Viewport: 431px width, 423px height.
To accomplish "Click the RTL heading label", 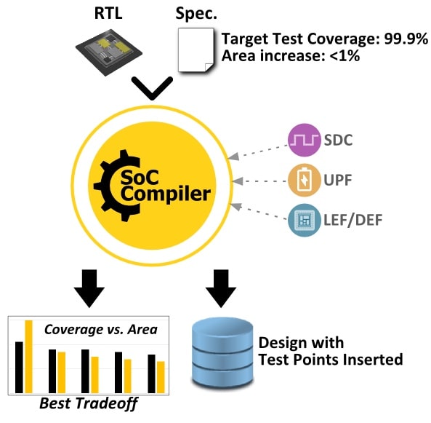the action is pos(108,13).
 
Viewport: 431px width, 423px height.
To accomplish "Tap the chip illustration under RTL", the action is pos(108,52).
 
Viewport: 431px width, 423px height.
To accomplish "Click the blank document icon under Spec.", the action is pos(196,50).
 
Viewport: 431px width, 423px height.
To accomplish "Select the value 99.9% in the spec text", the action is pos(406,39).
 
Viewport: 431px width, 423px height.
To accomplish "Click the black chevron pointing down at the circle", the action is pos(152,88).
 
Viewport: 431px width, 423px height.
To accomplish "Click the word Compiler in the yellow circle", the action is pos(166,194).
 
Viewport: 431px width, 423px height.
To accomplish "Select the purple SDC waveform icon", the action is pos(305,140).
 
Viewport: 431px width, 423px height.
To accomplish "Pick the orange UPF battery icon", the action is pos(305,180).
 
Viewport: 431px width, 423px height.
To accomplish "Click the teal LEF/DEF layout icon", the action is pos(305,220).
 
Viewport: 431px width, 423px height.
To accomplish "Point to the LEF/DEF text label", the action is pos(353,220).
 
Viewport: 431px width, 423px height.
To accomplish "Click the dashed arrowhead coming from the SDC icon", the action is pos(233,157).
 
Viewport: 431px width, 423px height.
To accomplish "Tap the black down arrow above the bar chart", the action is pos(89,288).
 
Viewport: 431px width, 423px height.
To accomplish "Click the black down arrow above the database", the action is pos(221,288).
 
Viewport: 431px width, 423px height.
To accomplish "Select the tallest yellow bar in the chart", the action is pos(29,357).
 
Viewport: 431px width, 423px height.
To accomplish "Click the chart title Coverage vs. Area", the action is pos(101,329).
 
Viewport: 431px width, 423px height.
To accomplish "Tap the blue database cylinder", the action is pos(222,354).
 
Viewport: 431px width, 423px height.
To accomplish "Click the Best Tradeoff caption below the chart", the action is pos(89,404).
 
